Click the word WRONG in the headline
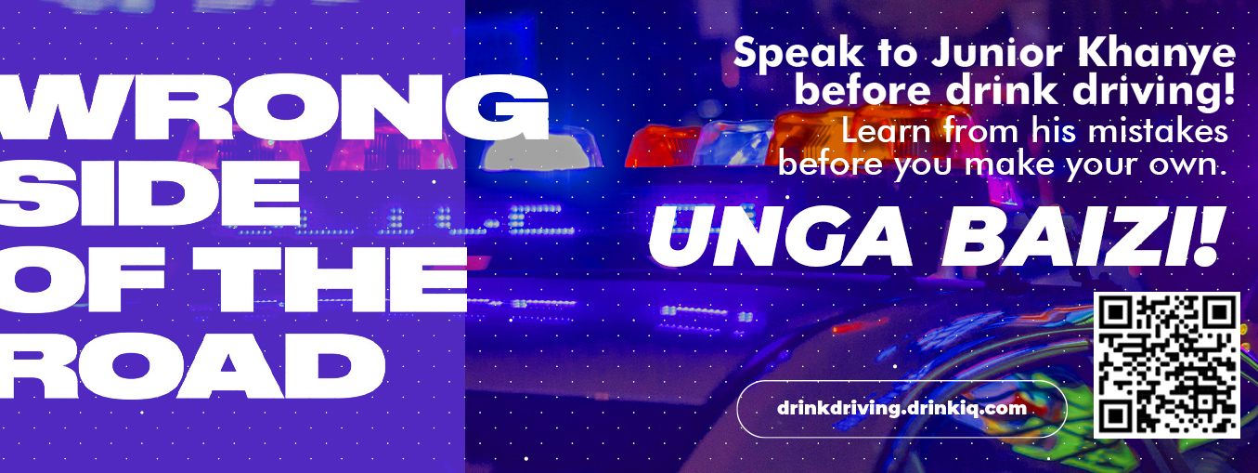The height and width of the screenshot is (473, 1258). (x=274, y=108)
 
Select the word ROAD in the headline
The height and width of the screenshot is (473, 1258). (x=192, y=365)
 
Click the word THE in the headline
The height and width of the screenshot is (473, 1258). (x=341, y=280)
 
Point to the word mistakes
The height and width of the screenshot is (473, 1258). (x=1158, y=132)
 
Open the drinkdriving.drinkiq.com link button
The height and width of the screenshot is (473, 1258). (x=901, y=408)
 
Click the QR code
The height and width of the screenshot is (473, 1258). (x=1167, y=364)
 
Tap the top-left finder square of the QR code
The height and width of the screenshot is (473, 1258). (x=1115, y=313)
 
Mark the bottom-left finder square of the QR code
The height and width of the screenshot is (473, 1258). (x=1115, y=416)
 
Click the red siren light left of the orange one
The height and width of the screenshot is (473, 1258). (x=663, y=146)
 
